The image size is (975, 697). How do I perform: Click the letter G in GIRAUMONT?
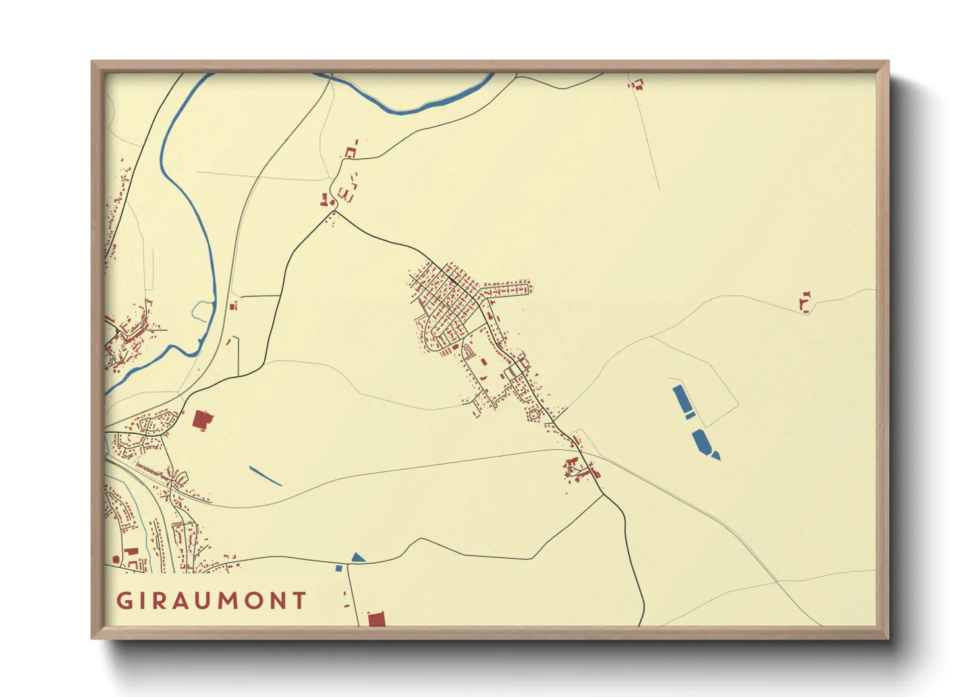[x=123, y=601]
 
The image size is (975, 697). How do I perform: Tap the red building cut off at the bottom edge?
[x=376, y=619]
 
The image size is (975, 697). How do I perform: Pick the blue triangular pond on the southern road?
[x=358, y=557]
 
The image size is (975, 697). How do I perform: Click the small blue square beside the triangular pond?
[x=339, y=568]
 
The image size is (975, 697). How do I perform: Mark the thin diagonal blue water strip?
[x=265, y=476]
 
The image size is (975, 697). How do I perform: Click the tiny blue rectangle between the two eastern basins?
[x=690, y=415]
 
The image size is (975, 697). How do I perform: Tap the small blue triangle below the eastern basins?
[x=716, y=455]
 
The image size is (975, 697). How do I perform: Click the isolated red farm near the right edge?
[x=804, y=302]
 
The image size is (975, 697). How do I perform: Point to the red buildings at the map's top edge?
[x=636, y=84]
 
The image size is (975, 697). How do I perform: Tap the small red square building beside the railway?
[x=233, y=306]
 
